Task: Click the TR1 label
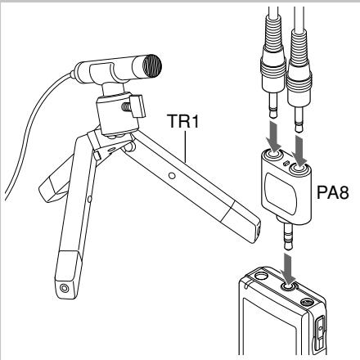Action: point(183,121)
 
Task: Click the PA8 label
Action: point(333,192)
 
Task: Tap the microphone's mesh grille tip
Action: point(151,65)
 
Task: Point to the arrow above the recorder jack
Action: point(289,268)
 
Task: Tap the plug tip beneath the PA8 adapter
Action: point(289,236)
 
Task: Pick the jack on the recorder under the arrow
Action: point(289,287)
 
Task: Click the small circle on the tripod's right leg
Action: point(172,176)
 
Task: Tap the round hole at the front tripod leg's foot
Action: point(65,288)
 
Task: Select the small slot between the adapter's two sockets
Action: point(286,163)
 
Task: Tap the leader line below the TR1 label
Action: point(186,146)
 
